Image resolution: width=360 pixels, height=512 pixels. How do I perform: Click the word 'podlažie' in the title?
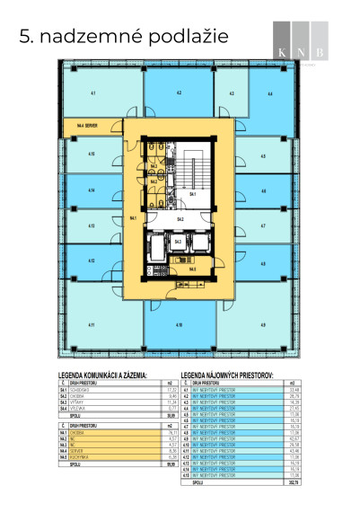[185, 36]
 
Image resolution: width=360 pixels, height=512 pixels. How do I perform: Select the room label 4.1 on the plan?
[93, 93]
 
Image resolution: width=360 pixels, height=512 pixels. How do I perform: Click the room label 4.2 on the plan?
[180, 93]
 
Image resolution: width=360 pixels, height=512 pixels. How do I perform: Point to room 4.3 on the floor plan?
[231, 93]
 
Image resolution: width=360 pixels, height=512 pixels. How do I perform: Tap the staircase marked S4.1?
[192, 193]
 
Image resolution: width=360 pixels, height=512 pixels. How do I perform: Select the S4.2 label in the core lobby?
[180, 219]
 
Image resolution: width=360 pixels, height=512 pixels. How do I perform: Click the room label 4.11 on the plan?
[93, 324]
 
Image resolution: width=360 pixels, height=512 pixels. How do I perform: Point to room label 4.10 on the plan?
[180, 324]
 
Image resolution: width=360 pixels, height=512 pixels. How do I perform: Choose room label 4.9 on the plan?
[263, 324]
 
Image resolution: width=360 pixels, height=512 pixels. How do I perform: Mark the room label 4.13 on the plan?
[92, 226]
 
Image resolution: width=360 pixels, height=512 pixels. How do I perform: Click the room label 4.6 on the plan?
[263, 190]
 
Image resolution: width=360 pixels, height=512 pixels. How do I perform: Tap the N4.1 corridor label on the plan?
[133, 217]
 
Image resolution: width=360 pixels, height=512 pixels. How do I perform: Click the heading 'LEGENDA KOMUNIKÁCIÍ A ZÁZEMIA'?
[115, 378]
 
